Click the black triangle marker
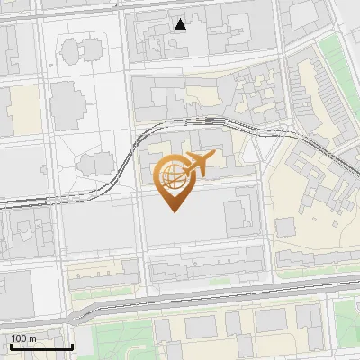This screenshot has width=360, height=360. pyautogui.click(x=181, y=24)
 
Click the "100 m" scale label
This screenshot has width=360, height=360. pyautogui.click(x=24, y=338)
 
